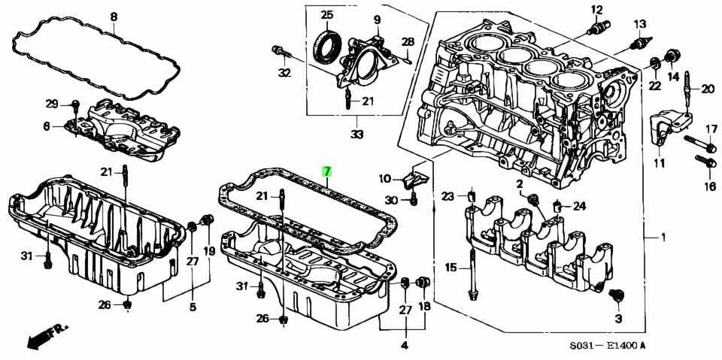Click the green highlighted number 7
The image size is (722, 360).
click(326, 171)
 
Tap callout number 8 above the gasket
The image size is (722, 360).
click(114, 17)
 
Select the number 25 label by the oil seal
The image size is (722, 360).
click(326, 16)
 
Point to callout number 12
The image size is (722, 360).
click(597, 10)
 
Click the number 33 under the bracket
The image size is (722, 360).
click(356, 135)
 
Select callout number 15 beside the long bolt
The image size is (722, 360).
click(451, 268)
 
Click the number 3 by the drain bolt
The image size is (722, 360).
click(618, 319)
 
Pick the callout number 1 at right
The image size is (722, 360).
click(663, 238)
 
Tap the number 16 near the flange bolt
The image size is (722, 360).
click(709, 186)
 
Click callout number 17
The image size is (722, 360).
click(711, 129)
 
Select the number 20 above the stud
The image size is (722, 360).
click(707, 89)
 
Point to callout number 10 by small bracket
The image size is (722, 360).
click(385, 179)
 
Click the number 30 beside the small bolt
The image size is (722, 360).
click(390, 200)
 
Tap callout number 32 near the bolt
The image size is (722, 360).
click(284, 73)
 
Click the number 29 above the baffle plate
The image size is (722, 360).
click(51, 104)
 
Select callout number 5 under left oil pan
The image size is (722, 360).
click(193, 307)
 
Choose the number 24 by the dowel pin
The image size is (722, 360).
click(579, 206)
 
